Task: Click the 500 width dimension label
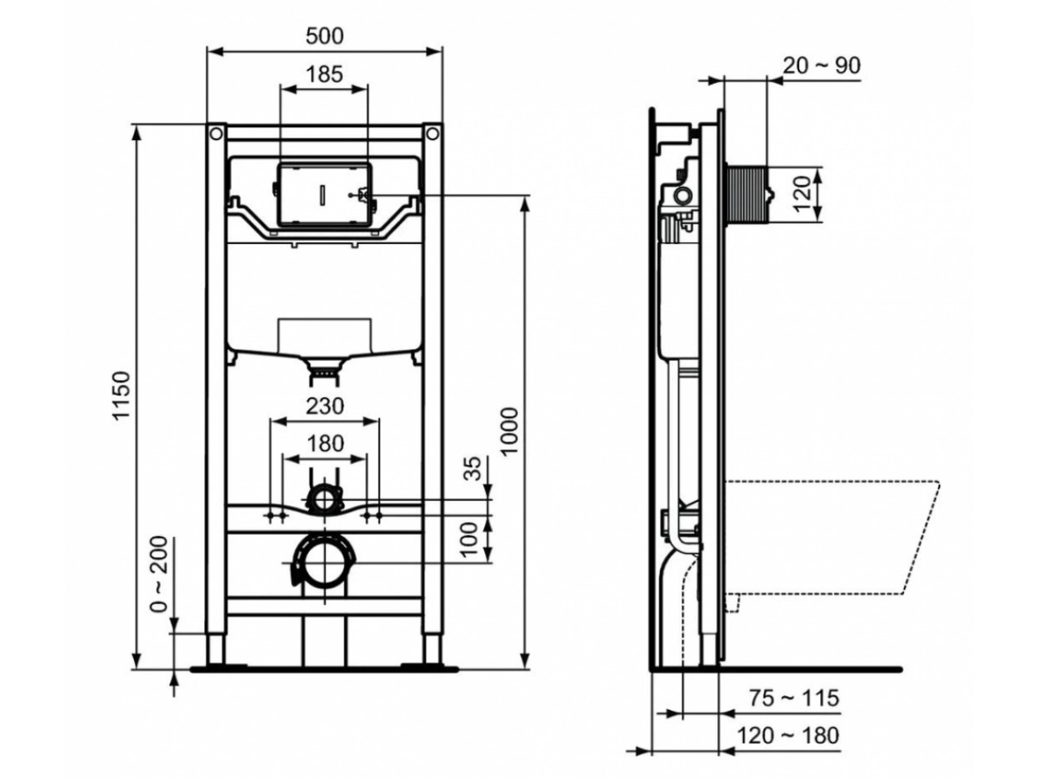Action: click(324, 36)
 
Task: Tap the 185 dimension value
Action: click(324, 74)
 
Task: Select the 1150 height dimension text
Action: click(122, 396)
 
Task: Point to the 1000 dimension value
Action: click(509, 431)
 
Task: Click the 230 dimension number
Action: click(325, 406)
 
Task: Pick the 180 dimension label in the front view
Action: click(325, 443)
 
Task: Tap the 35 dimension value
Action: click(473, 467)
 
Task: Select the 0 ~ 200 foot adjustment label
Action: click(160, 574)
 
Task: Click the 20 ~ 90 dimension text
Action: click(822, 66)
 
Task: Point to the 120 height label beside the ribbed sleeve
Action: click(802, 194)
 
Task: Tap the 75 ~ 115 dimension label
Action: click(794, 698)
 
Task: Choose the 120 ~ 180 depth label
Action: click(788, 736)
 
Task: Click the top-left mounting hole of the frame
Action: click(216, 134)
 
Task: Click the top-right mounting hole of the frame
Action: click(432, 134)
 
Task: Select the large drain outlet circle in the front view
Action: click(325, 563)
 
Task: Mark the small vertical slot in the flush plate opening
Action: click(323, 195)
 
